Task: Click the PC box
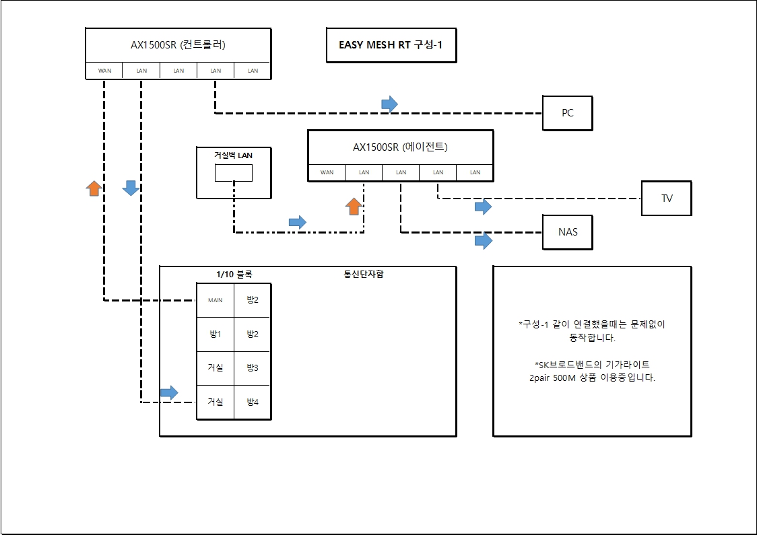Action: click(x=567, y=113)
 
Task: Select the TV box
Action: click(x=667, y=199)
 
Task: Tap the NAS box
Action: click(x=567, y=232)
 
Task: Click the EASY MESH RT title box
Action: click(x=391, y=45)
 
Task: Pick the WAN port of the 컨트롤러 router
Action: click(x=104, y=71)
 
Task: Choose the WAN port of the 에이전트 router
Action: click(x=327, y=172)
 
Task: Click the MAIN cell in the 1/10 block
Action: click(x=216, y=300)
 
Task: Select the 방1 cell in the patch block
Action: click(x=216, y=334)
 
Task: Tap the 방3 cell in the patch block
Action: click(x=253, y=367)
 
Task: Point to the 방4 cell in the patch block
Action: click(x=253, y=402)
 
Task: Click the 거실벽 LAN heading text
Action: click(x=233, y=155)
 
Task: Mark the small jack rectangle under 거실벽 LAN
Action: click(x=234, y=173)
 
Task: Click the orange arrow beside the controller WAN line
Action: click(x=94, y=188)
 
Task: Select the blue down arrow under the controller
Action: click(x=131, y=188)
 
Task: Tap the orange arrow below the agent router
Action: click(x=354, y=206)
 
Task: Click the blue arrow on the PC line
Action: click(x=389, y=104)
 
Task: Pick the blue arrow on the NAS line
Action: click(x=484, y=241)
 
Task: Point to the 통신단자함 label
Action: click(x=364, y=274)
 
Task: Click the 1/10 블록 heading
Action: click(x=234, y=275)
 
